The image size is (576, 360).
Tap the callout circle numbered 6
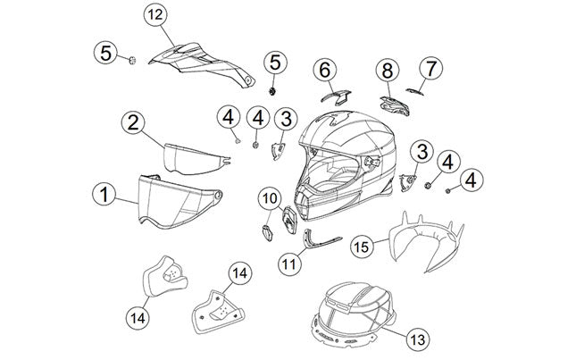point(325,70)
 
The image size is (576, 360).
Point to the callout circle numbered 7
point(432,68)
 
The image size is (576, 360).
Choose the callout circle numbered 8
point(388,70)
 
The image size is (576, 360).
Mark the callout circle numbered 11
point(288,264)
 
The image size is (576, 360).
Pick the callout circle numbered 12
point(155,15)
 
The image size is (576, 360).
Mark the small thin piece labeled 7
point(414,89)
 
